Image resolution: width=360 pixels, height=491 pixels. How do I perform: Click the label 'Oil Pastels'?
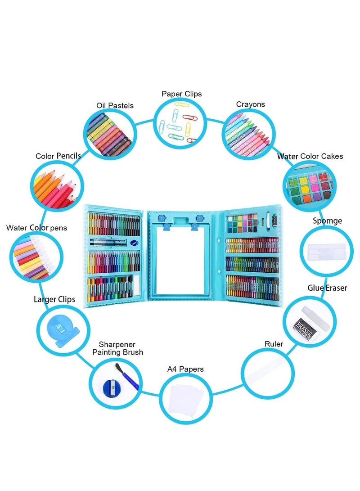pyautogui.click(x=115, y=105)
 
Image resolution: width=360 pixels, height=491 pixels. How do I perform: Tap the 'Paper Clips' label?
pyautogui.click(x=182, y=94)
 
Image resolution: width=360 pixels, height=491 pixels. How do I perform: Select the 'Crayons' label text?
pyautogui.click(x=251, y=104)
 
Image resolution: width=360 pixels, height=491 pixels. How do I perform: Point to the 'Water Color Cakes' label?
pyautogui.click(x=310, y=156)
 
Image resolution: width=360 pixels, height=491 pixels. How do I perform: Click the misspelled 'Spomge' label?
pyautogui.click(x=328, y=221)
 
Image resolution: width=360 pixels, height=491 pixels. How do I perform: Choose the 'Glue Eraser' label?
pyautogui.click(x=327, y=288)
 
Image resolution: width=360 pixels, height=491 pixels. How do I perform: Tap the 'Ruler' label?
pyautogui.click(x=274, y=344)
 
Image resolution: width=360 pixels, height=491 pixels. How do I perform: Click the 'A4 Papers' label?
pyautogui.click(x=185, y=369)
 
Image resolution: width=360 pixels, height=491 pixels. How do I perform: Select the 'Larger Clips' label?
pyautogui.click(x=54, y=299)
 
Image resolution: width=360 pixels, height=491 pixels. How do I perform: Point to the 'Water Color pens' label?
pyautogui.click(x=36, y=228)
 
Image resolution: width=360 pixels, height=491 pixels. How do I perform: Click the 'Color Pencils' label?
pyautogui.click(x=58, y=156)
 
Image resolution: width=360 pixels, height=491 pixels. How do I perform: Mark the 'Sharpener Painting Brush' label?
pyautogui.click(x=118, y=348)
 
